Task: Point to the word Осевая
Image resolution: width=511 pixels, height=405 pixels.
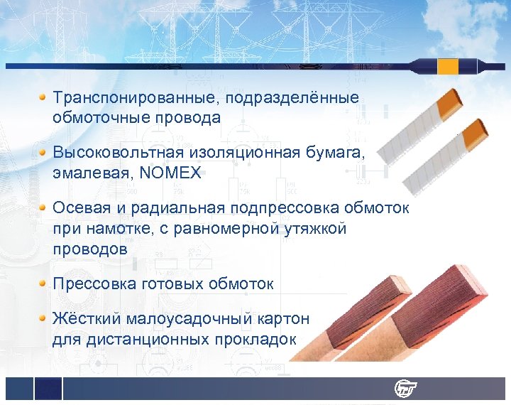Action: click(80, 207)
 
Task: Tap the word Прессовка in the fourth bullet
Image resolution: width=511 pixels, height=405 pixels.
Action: click(93, 283)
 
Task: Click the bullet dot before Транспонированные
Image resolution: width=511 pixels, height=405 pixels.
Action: click(43, 96)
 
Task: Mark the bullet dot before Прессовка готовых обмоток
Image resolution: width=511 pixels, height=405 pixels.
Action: click(43, 283)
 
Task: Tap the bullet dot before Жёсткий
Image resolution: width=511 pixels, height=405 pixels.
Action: click(43, 317)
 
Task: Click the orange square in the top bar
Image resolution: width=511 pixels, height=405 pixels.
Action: click(448, 66)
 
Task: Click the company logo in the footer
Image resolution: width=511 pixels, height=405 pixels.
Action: click(405, 389)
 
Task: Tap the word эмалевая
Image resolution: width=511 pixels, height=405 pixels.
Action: click(86, 171)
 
